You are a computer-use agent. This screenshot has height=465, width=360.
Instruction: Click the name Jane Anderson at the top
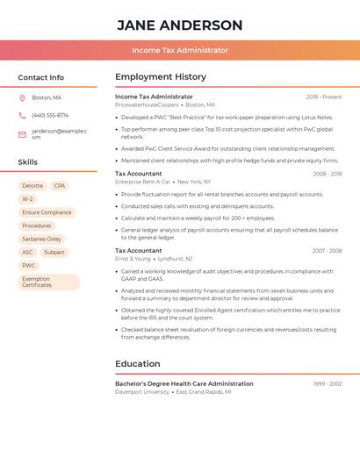pos(180,25)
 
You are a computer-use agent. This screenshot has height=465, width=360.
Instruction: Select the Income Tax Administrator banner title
pos(180,51)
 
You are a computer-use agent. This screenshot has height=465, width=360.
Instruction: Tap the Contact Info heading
pos(40,77)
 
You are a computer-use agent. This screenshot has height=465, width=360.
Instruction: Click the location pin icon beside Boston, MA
pos(22,97)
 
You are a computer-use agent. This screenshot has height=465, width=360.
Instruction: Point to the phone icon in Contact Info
pos(22,115)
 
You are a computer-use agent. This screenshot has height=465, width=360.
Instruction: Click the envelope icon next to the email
pos(22,134)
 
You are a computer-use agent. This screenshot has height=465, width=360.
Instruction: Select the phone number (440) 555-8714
pos(50,115)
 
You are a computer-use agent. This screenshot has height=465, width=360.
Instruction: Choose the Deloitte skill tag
pos(32,186)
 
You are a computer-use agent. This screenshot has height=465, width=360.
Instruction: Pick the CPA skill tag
pos(60,186)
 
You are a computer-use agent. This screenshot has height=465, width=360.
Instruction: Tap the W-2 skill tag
pos(28,199)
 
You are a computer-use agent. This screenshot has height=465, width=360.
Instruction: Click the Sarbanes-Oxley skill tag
pos(41,239)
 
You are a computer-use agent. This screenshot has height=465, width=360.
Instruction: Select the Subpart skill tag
pos(54,252)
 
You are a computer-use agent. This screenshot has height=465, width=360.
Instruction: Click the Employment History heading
pos(161,77)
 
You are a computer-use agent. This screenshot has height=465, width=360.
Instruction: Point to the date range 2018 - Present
pos(324,97)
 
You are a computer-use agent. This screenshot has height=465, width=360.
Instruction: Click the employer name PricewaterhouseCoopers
pos(147,105)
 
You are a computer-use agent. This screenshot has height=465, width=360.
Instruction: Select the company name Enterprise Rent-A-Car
pos(143,182)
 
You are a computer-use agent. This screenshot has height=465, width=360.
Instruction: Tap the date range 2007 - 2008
pos(327,251)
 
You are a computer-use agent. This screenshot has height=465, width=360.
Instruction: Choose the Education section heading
pos(138,364)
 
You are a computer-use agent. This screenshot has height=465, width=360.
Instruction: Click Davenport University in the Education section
pos(142,392)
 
